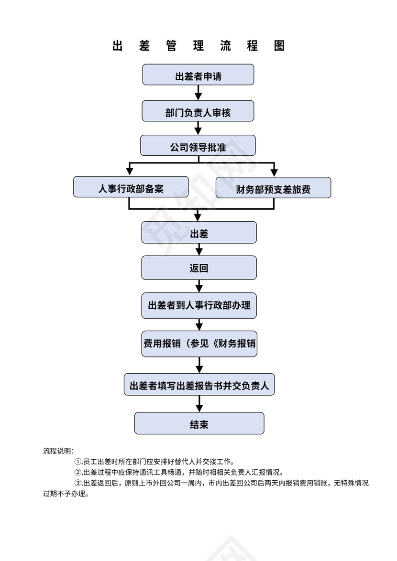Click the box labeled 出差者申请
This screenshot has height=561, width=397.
(x=198, y=75)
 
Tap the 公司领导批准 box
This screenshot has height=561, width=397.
(x=198, y=146)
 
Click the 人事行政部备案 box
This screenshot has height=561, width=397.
(x=131, y=187)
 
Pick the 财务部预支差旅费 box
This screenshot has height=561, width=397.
(x=274, y=188)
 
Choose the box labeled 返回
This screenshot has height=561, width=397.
(x=199, y=268)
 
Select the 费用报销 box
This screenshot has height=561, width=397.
(x=199, y=344)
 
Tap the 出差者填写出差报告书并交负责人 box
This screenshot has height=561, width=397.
(x=199, y=385)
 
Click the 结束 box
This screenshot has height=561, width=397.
(x=199, y=423)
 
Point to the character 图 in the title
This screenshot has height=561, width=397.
(x=280, y=46)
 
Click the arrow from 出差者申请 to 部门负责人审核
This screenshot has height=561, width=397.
(x=198, y=93)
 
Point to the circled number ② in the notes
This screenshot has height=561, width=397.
(x=78, y=472)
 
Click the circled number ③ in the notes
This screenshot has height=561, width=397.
(x=78, y=483)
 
